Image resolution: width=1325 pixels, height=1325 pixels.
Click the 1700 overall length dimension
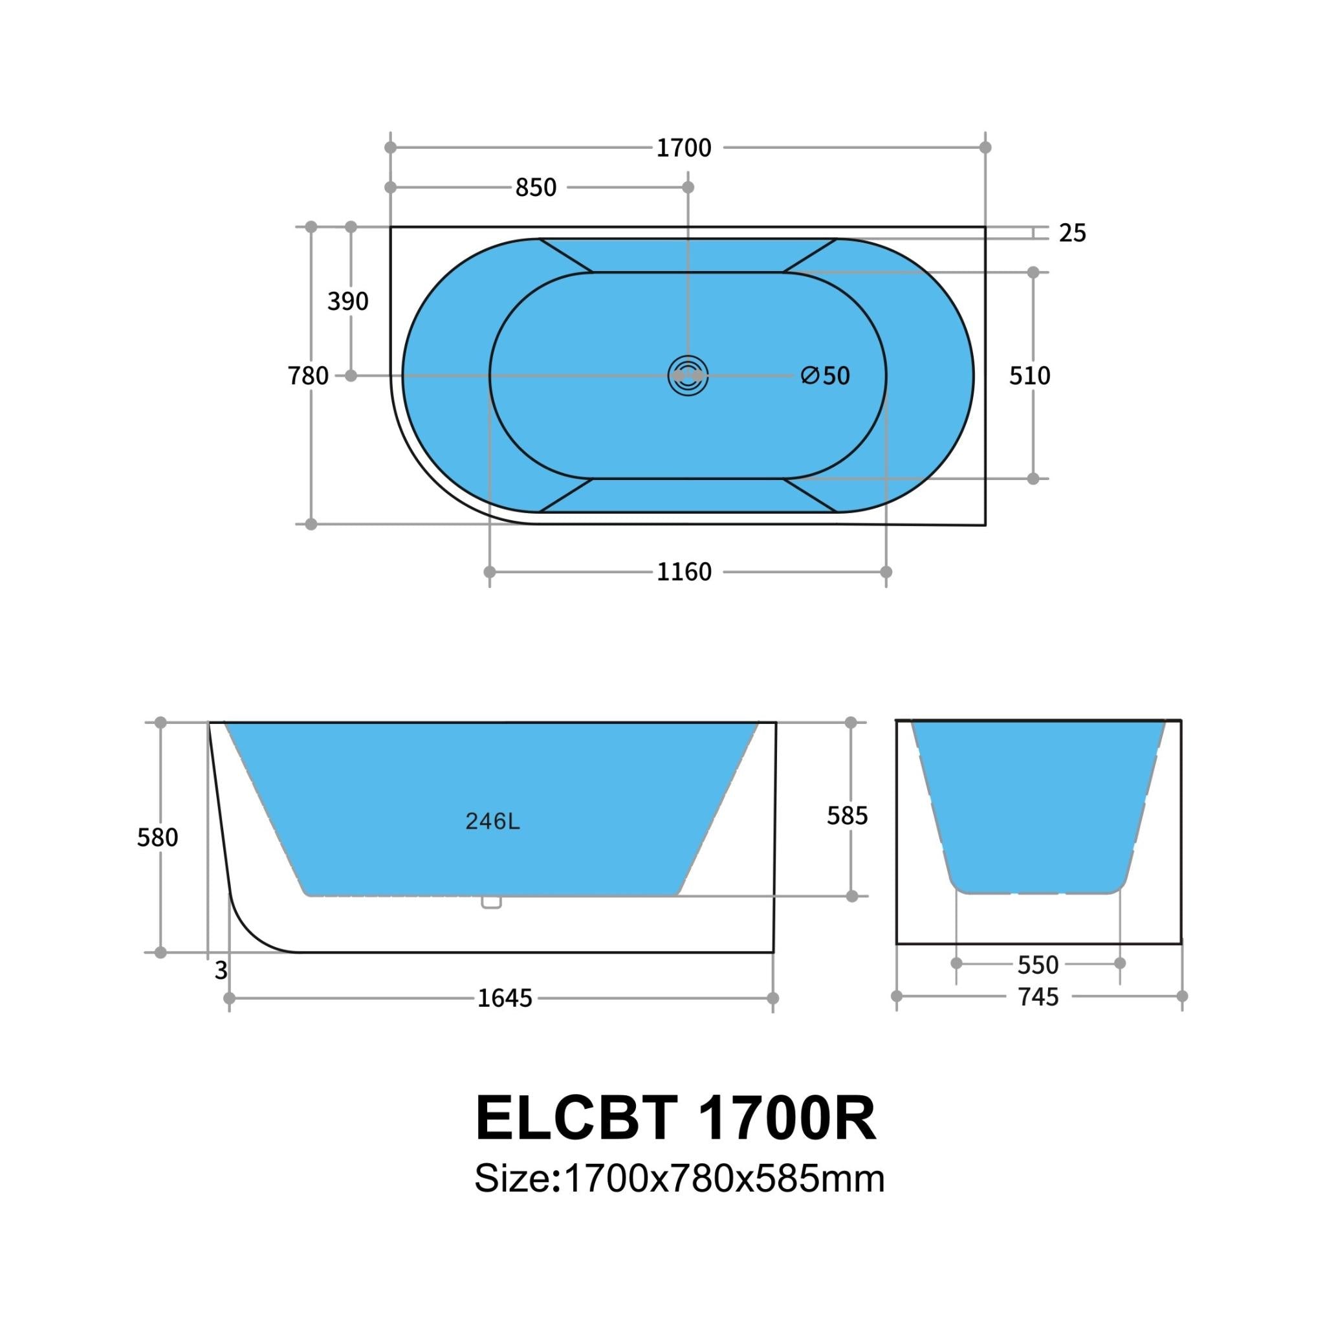[x=683, y=148]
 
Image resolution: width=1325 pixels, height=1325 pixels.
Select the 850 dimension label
[x=536, y=188]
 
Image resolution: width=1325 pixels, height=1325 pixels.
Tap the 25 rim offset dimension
[x=1072, y=234]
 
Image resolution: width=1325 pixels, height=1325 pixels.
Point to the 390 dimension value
[x=347, y=301]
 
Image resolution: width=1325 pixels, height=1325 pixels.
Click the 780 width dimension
[x=308, y=377]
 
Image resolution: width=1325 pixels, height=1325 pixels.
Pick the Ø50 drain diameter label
[x=825, y=376]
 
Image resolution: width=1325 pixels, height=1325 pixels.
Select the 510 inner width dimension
[x=1029, y=376]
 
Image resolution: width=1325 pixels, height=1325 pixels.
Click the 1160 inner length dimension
[x=684, y=572]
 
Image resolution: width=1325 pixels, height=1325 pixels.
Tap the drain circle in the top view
[x=688, y=376]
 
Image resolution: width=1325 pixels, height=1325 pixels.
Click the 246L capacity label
[x=492, y=822]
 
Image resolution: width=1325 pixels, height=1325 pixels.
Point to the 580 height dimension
[x=157, y=837]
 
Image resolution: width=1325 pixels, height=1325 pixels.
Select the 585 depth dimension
[x=847, y=815]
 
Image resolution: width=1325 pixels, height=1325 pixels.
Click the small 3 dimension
[x=221, y=970]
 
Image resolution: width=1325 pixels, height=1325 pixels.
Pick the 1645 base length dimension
[x=505, y=998]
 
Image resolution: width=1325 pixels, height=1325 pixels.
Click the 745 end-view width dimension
[x=1038, y=997]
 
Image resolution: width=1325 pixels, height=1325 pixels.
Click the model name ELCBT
[x=576, y=1119]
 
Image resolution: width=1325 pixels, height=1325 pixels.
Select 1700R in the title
[x=787, y=1119]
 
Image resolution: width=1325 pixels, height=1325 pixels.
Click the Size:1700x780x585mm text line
[x=679, y=1179]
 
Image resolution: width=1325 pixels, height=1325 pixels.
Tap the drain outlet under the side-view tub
[x=491, y=903]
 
